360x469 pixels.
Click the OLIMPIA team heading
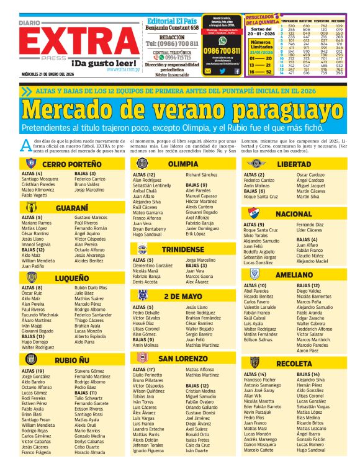183,164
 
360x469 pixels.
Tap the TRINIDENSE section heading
183,249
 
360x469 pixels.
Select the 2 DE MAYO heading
183,297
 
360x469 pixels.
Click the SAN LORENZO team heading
183,359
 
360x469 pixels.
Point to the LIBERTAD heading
293,164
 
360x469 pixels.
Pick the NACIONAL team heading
294,213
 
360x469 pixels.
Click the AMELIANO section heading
294,275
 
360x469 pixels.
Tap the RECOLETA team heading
294,363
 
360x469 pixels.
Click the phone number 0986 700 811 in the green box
222,51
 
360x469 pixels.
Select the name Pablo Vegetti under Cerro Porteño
35,195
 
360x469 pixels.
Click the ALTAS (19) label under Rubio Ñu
33,371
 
